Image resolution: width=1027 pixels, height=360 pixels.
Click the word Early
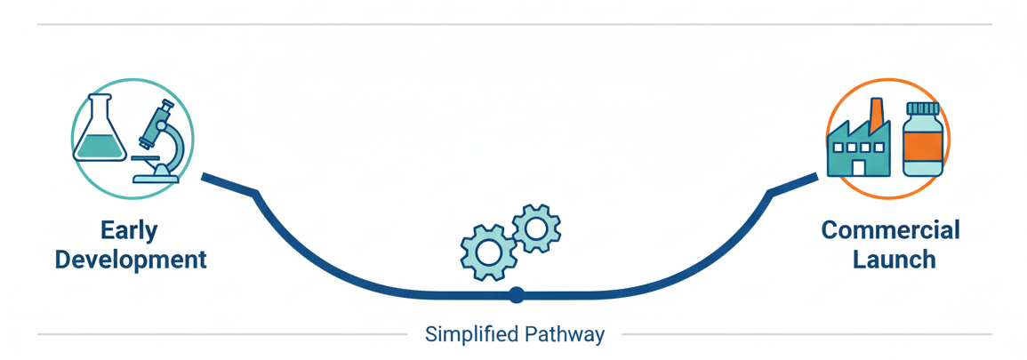click(129, 231)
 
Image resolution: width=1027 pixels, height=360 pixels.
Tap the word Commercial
click(890, 231)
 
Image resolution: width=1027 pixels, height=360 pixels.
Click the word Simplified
click(469, 335)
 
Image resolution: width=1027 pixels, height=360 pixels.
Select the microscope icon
click(161, 142)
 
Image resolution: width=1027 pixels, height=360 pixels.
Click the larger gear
click(488, 252)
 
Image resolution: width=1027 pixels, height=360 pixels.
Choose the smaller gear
click(535, 228)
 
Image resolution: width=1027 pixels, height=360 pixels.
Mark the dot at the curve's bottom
click(515, 294)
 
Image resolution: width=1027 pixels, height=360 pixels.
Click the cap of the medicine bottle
click(922, 108)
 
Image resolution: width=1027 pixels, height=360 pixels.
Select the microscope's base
click(156, 178)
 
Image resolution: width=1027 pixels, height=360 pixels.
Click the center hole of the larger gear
click(488, 252)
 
